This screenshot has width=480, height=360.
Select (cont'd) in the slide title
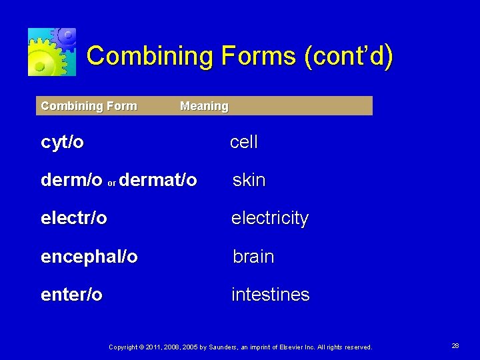coord(349,57)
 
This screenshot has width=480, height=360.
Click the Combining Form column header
coord(89,106)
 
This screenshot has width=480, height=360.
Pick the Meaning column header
coord(204,106)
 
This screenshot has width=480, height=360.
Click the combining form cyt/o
coord(63,142)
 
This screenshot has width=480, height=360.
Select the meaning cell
coord(243,142)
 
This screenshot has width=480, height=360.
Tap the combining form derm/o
coord(71,180)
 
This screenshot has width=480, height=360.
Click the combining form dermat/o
coord(158,180)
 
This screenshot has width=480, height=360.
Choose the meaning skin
coord(249,180)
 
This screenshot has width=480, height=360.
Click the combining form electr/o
coord(74,218)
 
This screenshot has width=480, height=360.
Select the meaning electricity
coord(269,219)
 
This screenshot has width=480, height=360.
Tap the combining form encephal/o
coord(89,257)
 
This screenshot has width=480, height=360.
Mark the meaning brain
coord(253,257)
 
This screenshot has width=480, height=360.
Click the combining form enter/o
coord(72,295)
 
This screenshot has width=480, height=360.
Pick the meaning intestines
coord(270,295)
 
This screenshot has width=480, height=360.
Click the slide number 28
coord(455,346)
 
